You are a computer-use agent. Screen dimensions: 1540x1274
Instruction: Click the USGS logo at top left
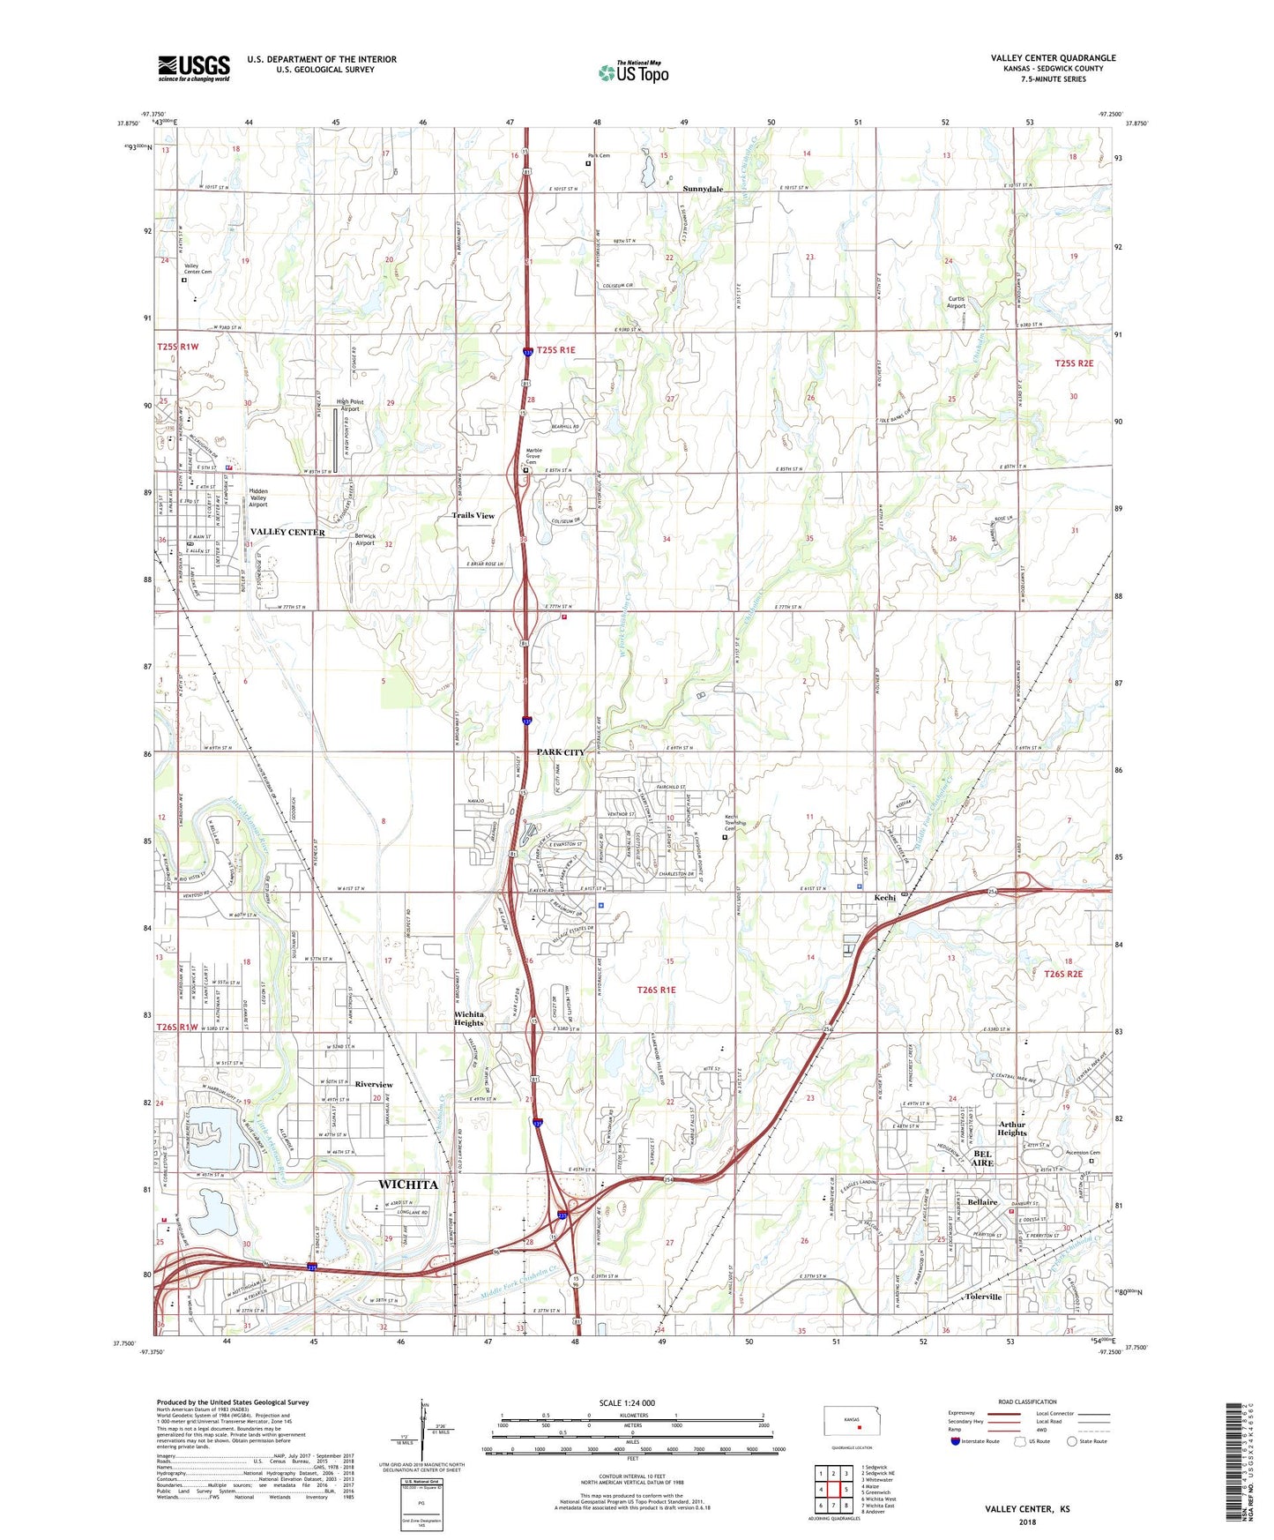tap(194, 68)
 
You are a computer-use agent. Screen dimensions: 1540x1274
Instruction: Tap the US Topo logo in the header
tap(633, 72)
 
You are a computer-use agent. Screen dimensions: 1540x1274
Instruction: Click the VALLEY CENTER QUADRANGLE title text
tap(1053, 58)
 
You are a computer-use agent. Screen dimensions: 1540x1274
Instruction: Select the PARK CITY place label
tap(561, 752)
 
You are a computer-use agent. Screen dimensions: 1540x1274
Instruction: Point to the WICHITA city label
tap(407, 1184)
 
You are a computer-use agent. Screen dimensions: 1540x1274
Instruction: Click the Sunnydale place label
tap(703, 190)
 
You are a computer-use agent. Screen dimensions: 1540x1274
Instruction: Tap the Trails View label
tap(473, 515)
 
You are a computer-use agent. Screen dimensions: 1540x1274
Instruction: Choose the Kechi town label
tap(884, 898)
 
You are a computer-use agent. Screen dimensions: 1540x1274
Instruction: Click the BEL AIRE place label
tap(982, 1158)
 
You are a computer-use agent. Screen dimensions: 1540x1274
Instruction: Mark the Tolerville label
tap(983, 1297)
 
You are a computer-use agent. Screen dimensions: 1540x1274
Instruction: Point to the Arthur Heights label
tap(1012, 1128)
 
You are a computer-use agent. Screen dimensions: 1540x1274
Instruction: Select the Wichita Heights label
tap(469, 1019)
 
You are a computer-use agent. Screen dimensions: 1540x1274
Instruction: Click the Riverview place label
tap(374, 1084)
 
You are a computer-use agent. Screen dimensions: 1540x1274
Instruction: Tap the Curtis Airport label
tap(957, 303)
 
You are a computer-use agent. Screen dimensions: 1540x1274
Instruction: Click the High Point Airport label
tap(350, 405)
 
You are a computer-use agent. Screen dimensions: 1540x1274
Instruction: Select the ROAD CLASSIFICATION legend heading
tap(1027, 1402)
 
